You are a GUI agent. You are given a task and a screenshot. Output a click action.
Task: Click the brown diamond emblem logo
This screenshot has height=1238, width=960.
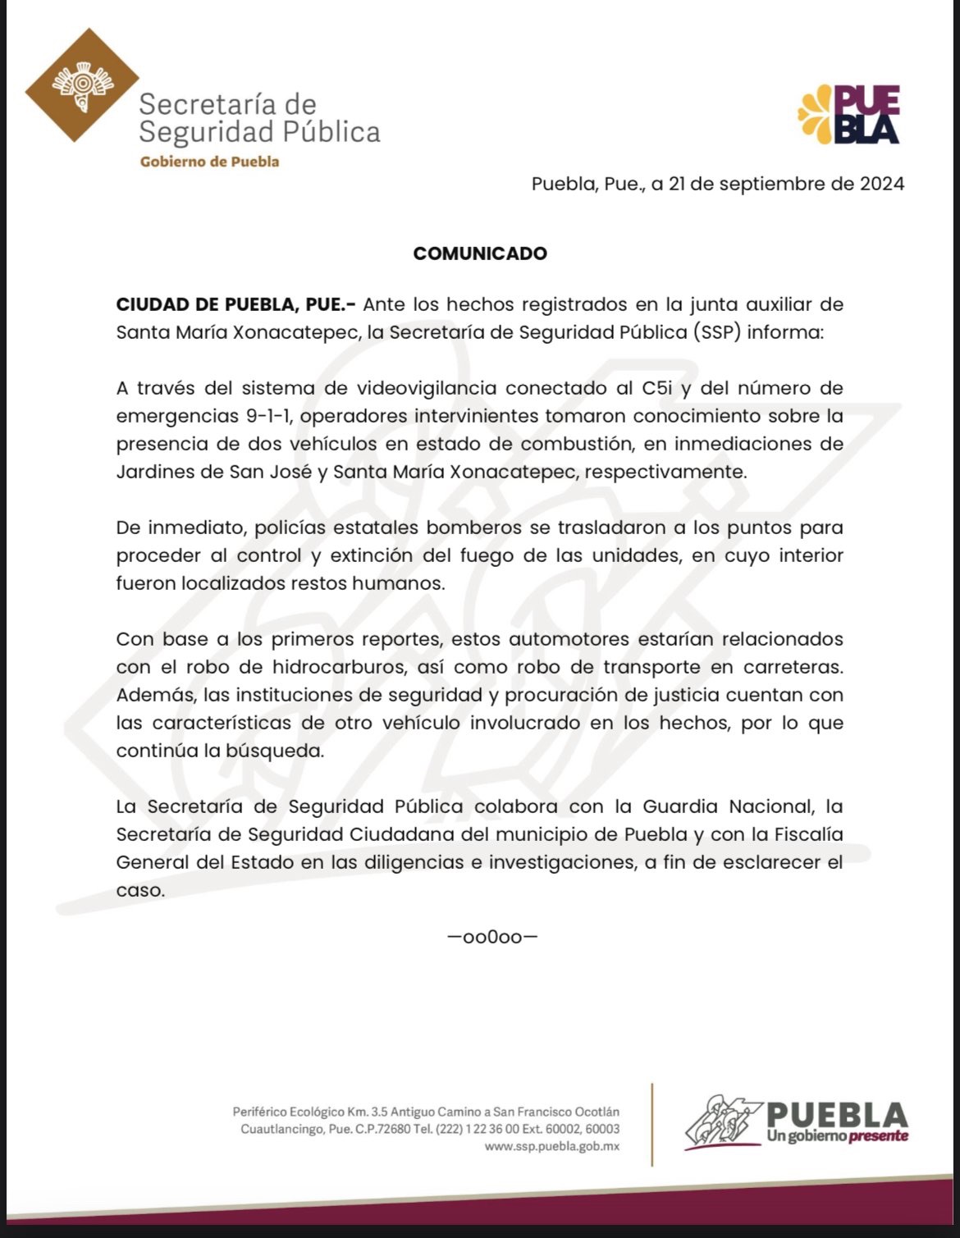(82, 85)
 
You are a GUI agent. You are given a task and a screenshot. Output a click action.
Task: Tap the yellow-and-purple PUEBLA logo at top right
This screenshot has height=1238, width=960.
(850, 114)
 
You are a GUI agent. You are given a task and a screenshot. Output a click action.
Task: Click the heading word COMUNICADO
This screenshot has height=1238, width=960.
(480, 254)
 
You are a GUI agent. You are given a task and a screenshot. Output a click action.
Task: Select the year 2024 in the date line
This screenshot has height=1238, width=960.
(882, 184)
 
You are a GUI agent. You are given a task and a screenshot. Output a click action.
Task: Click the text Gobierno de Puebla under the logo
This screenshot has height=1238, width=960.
(209, 162)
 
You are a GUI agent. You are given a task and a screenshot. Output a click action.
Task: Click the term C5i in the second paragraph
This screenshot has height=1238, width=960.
(658, 388)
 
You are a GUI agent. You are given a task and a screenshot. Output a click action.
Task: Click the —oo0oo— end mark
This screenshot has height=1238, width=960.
(492, 937)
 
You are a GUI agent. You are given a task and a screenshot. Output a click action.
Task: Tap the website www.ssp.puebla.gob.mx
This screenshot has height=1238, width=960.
(551, 1146)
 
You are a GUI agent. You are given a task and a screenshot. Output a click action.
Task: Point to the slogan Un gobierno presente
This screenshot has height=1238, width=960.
(837, 1136)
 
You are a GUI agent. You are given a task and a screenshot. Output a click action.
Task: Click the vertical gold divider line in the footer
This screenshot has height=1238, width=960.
(652, 1124)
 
